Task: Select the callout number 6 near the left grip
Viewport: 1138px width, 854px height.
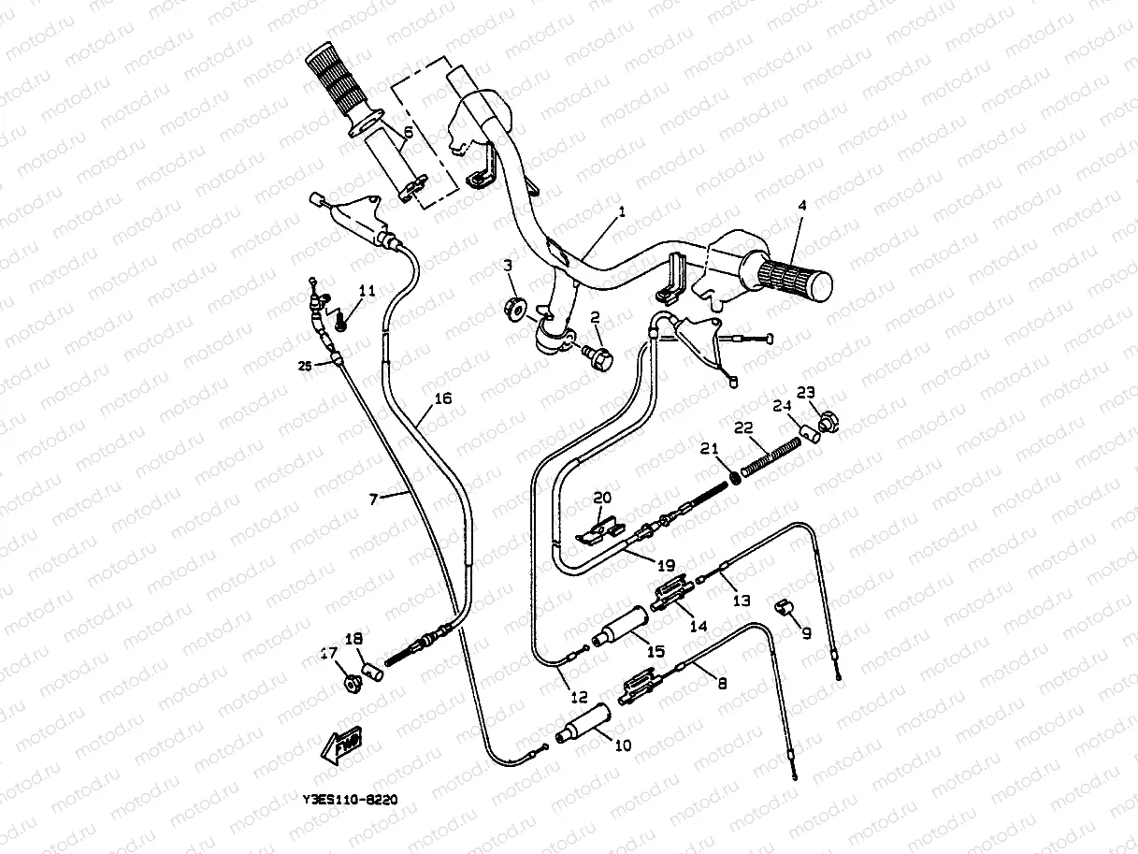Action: tap(408, 135)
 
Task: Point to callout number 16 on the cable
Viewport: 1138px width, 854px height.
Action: tap(443, 399)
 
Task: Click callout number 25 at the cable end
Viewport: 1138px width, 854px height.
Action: tap(305, 366)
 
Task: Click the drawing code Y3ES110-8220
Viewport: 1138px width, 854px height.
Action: tap(351, 801)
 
